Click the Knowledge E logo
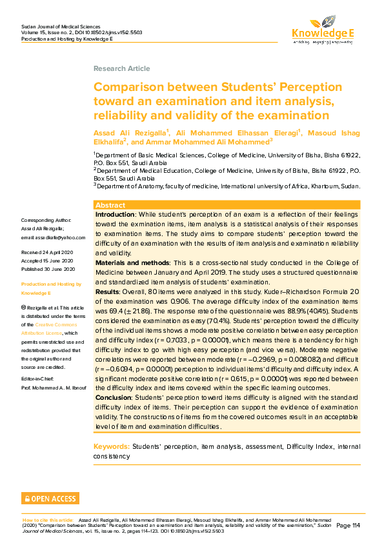click(x=322, y=30)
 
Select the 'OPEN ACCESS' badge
click(x=50, y=498)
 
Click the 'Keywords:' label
click(x=111, y=446)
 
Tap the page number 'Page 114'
click(x=349, y=526)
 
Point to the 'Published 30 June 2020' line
click(x=48, y=268)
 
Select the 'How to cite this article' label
click(x=48, y=519)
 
